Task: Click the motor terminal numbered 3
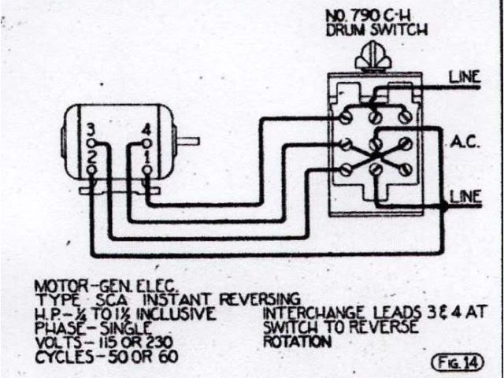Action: pyautogui.click(x=92, y=144)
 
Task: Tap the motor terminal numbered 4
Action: pyautogui.click(x=146, y=144)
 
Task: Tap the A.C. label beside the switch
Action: pyautogui.click(x=461, y=143)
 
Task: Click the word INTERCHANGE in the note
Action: pyautogui.click(x=300, y=314)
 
